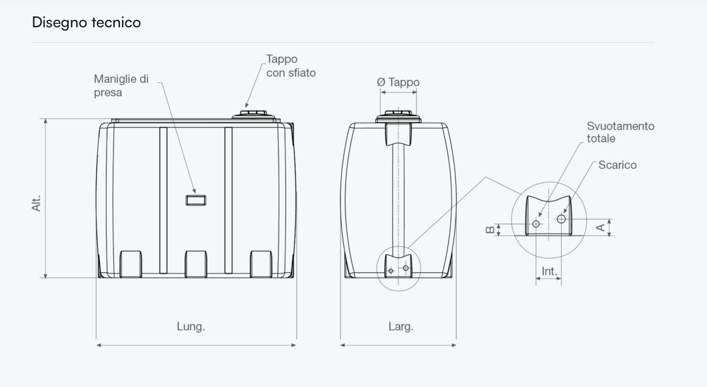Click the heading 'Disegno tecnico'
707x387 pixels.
coord(86,23)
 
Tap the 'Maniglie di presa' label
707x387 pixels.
coord(121,86)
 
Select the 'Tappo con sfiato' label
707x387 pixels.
coord(291,65)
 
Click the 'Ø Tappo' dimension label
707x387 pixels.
coord(398,82)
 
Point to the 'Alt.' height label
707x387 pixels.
coord(37,203)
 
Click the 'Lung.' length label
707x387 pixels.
coord(191,326)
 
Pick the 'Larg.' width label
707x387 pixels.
coord(401,326)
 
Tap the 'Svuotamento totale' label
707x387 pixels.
coord(621,132)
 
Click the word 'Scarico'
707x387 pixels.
coord(617,165)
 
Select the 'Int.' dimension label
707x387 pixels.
coord(549,271)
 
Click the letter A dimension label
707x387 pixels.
coord(600,227)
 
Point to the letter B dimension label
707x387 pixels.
coord(490,230)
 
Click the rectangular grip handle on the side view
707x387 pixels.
coord(196,200)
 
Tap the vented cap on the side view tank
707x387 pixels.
coord(253,115)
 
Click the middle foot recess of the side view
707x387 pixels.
coord(196,264)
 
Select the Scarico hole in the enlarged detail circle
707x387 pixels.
coord(561,219)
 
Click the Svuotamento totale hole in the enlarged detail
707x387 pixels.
coord(536,224)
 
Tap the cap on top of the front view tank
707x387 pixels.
coord(398,116)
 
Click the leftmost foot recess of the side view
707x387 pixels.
coord(131,264)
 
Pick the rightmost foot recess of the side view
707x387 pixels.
coord(261,264)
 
